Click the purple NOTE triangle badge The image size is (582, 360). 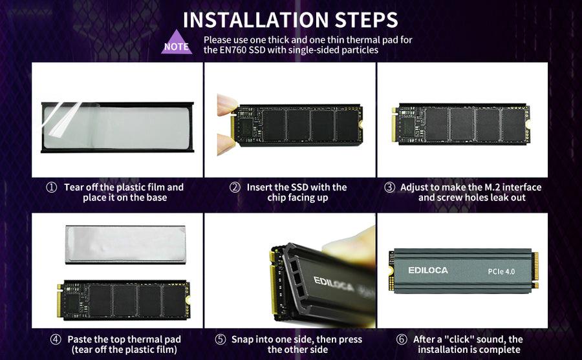tap(177, 43)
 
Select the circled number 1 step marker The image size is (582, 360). tap(52, 187)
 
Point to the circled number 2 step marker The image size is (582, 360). tap(235, 187)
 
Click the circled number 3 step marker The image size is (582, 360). tap(389, 187)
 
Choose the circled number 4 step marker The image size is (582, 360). tap(56, 339)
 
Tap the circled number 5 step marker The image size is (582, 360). tap(221, 339)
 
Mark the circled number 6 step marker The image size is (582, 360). tap(402, 339)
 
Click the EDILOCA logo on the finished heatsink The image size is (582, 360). tap(427, 270)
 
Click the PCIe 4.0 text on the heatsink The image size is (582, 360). tap(501, 271)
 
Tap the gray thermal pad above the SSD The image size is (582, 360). tap(125, 244)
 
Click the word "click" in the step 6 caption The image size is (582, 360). tap(453, 339)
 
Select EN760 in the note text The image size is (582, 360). tap(238, 50)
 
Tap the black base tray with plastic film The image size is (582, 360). tap(117, 127)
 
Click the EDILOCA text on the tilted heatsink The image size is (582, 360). tap(335, 282)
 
